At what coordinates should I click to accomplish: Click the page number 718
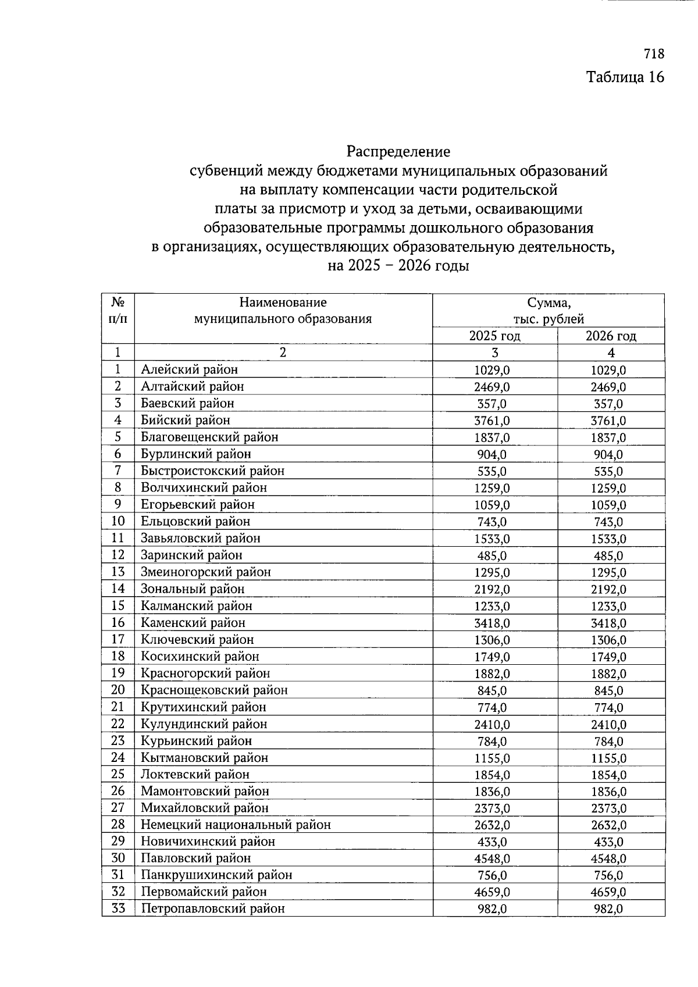654,54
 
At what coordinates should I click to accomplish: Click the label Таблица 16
625,77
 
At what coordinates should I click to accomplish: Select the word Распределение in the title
398,152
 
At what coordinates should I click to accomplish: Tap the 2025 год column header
494,336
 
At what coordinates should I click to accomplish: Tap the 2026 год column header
610,336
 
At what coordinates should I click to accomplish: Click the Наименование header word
283,302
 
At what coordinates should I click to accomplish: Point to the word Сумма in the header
549,302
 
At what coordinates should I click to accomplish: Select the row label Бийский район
186,420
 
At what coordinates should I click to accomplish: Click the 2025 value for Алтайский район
493,387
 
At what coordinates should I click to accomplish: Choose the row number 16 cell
118,622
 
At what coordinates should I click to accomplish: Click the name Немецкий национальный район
236,825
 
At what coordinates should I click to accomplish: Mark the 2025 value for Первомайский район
493,892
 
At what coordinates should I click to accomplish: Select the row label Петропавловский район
213,909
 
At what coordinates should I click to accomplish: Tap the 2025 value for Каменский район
493,623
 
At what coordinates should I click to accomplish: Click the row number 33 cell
118,908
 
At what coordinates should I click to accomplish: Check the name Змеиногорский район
206,572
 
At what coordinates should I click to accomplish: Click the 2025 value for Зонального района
493,589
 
